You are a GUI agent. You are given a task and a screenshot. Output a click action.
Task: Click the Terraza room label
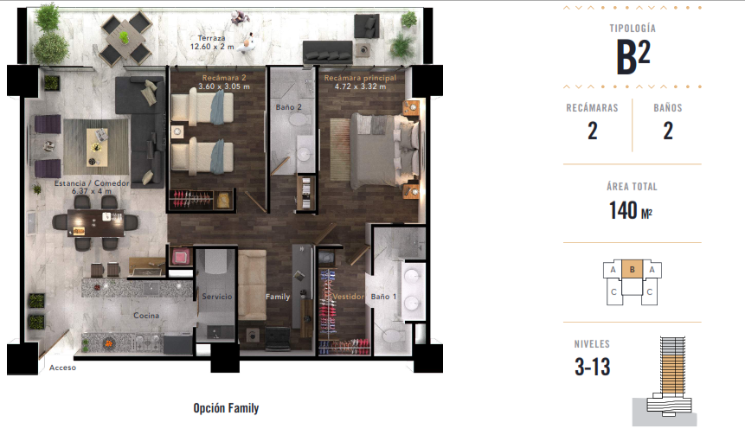point(211,38)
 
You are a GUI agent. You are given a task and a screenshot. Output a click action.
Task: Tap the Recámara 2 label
point(224,78)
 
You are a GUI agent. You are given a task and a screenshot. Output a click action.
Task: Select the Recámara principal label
point(360,78)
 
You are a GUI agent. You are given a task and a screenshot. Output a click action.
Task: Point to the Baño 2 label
point(288,107)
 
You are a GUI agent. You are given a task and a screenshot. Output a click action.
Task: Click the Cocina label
point(146,316)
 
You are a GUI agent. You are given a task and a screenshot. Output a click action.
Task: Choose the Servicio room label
point(217,297)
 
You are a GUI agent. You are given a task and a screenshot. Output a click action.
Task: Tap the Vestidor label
point(348,297)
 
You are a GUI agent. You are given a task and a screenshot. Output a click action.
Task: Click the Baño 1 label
point(383,297)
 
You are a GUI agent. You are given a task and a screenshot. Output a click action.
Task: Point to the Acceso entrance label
point(62,368)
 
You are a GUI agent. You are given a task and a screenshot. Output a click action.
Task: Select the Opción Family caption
point(226,408)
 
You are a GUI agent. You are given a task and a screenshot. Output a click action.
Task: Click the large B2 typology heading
point(633,56)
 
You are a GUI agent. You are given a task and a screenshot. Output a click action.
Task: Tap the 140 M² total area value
point(631,210)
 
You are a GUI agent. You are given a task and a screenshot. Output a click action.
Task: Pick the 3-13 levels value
point(592,367)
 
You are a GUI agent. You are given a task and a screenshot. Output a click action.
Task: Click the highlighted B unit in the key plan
point(632,269)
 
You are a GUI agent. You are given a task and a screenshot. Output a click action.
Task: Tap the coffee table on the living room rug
point(97,147)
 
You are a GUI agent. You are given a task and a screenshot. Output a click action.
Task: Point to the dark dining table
point(96,223)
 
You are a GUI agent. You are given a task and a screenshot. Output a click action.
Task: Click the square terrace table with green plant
point(125,37)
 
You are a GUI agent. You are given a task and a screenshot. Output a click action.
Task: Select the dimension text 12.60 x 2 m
point(212,47)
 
